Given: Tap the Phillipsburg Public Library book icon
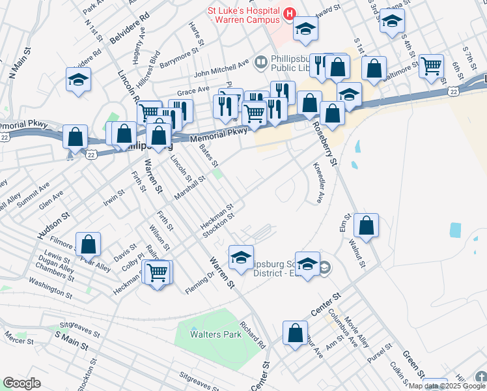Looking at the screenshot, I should (x=261, y=62).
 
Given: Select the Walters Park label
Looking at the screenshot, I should (x=216, y=334).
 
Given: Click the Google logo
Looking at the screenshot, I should (x=21, y=383).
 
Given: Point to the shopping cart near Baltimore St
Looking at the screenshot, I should (x=431, y=66).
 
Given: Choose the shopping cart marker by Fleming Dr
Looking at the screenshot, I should (x=157, y=272).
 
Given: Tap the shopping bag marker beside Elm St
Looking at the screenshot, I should (x=367, y=225).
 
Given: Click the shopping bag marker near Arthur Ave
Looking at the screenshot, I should (x=295, y=332).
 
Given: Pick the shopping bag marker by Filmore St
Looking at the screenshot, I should (x=89, y=244).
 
